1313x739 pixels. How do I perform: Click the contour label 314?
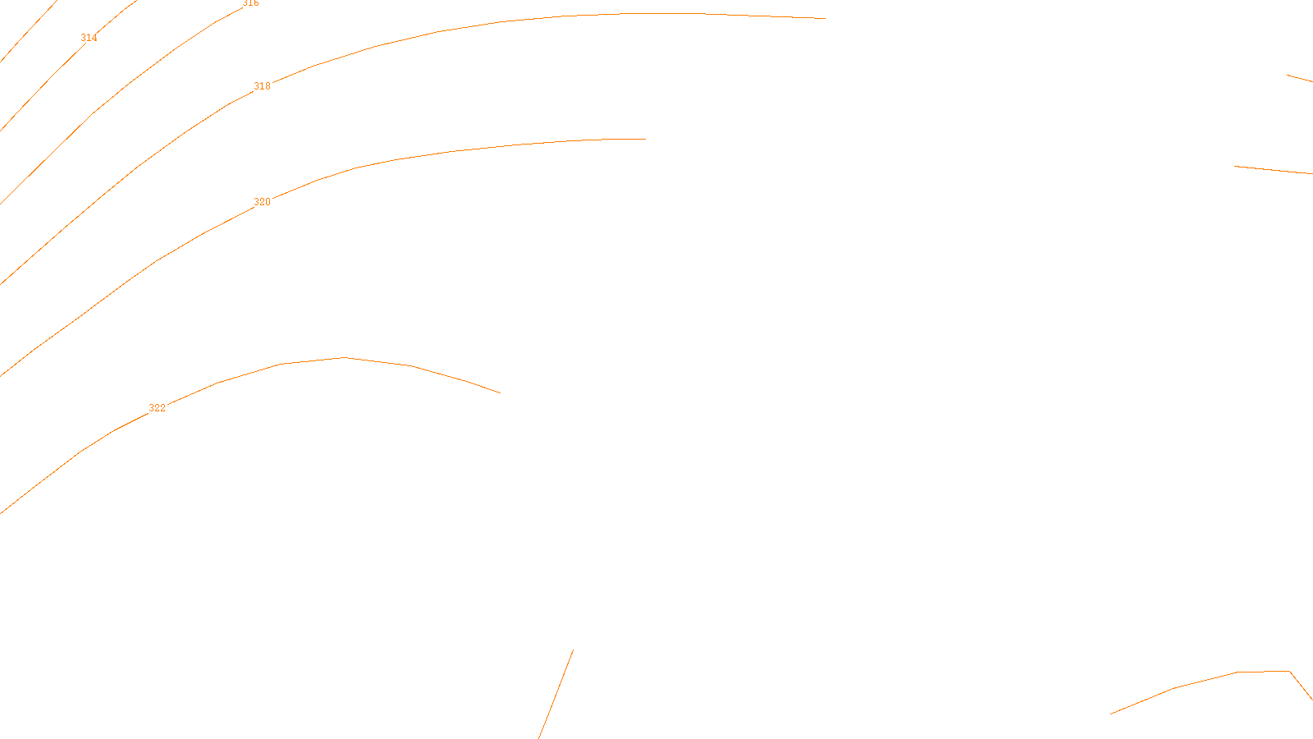[x=89, y=38]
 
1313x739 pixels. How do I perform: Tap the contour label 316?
[x=250, y=3]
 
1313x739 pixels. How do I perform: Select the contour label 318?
[x=262, y=86]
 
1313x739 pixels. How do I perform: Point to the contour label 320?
[x=262, y=202]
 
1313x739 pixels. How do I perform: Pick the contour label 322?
[x=157, y=408]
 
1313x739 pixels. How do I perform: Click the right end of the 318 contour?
[x=825, y=18]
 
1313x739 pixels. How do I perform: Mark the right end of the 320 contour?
[x=646, y=139]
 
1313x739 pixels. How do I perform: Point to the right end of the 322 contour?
[x=500, y=392]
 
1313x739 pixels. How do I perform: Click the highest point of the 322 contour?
[x=345, y=357]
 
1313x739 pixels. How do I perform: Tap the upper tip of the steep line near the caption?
[x=573, y=650]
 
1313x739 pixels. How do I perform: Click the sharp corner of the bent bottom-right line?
[x=1289, y=672]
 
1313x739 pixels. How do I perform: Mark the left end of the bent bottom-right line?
[x=1111, y=714]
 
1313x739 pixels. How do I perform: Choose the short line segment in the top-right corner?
[x=1300, y=79]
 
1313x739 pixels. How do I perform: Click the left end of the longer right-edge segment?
[x=1235, y=167]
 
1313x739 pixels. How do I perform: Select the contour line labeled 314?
[x=49, y=78]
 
